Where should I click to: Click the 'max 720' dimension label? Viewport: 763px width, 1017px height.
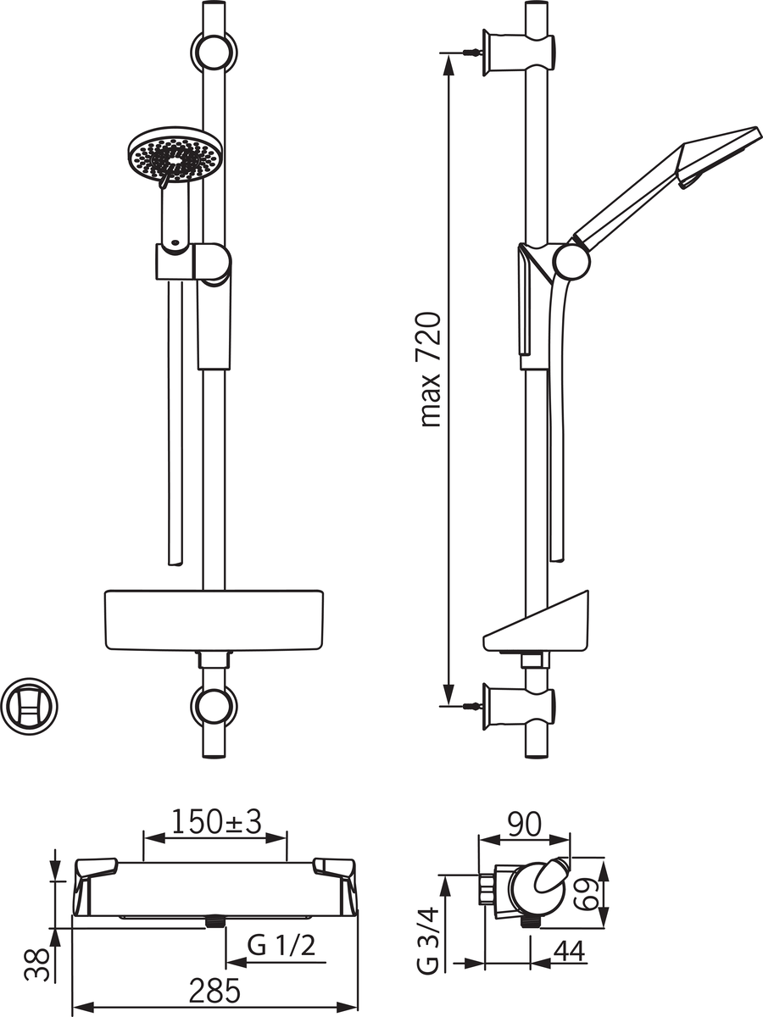430,370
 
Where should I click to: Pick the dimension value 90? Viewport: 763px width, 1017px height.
525,825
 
